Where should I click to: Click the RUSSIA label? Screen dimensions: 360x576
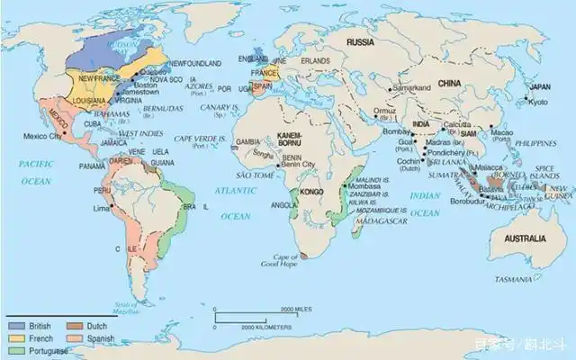click(360, 42)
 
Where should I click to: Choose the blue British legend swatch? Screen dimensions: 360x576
click(18, 324)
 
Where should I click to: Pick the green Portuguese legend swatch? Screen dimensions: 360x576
click(18, 349)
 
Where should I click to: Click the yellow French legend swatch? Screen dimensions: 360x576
click(18, 337)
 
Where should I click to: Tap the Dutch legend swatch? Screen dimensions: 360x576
click(76, 324)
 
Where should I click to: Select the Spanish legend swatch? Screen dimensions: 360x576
click(76, 337)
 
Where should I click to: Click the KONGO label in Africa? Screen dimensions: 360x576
click(311, 192)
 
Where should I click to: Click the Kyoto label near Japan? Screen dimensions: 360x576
click(537, 102)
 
